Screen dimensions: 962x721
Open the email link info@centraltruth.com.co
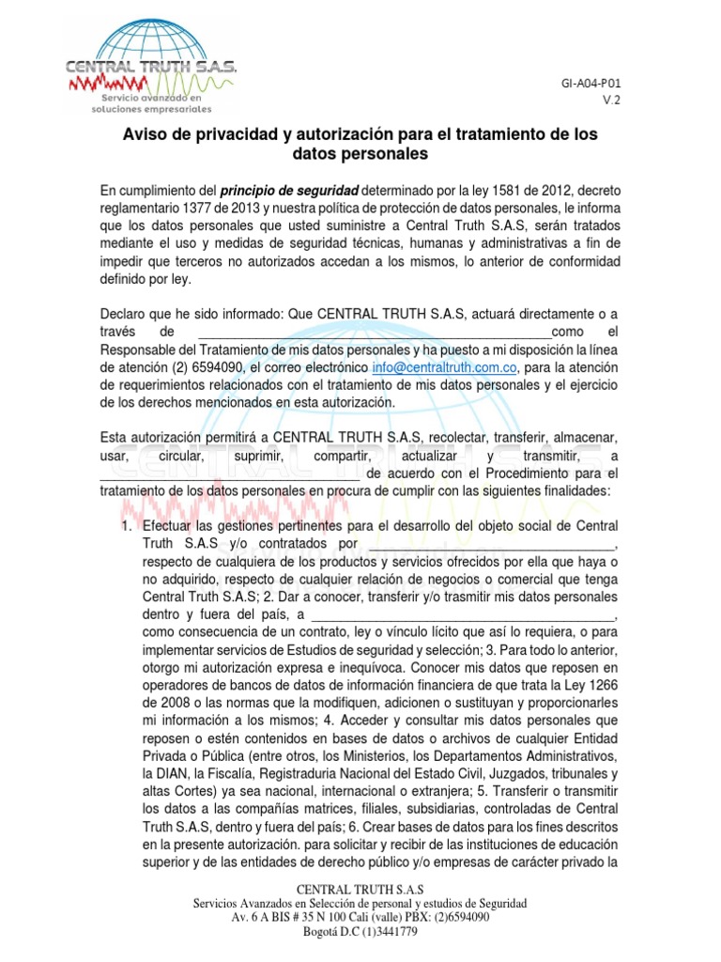tap(445, 367)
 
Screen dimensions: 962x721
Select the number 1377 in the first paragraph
tap(210, 207)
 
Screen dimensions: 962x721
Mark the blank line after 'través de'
tap(376, 332)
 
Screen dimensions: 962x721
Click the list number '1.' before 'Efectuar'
tap(129, 525)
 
